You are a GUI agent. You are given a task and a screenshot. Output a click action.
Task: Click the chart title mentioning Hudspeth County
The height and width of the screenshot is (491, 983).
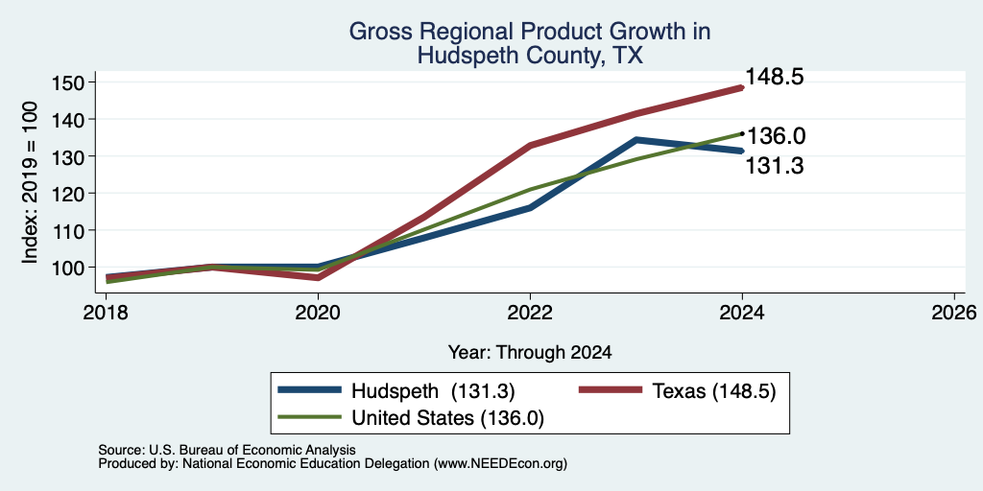pyautogui.click(x=530, y=43)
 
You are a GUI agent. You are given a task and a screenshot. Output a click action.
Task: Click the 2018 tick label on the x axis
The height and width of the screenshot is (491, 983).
pyautogui.click(x=106, y=312)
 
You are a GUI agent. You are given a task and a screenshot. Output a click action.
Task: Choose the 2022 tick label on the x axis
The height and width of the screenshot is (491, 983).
pyautogui.click(x=530, y=312)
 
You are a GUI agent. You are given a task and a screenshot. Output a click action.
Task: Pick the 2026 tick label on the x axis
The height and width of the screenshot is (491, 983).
pyautogui.click(x=954, y=312)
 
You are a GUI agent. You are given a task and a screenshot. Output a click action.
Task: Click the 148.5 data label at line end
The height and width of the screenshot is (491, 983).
pyautogui.click(x=775, y=77)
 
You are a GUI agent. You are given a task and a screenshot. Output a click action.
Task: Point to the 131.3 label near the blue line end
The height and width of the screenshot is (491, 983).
pyautogui.click(x=775, y=166)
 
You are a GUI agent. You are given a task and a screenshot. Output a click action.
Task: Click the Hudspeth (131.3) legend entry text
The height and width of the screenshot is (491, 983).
pyautogui.click(x=433, y=391)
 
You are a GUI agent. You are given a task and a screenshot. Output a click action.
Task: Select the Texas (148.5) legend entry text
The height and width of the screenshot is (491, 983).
pyautogui.click(x=714, y=391)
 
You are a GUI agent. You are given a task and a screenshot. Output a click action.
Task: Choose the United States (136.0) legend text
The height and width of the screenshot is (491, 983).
pyautogui.click(x=447, y=418)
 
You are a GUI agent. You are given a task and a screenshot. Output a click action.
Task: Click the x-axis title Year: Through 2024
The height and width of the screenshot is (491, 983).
pyautogui.click(x=530, y=353)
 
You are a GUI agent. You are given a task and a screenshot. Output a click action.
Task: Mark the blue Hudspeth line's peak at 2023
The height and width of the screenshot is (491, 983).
pyautogui.click(x=636, y=140)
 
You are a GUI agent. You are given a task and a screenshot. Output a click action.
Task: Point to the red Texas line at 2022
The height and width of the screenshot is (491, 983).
pyautogui.click(x=530, y=146)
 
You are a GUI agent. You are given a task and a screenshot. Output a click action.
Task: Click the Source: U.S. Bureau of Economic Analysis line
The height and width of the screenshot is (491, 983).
pyautogui.click(x=227, y=450)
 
